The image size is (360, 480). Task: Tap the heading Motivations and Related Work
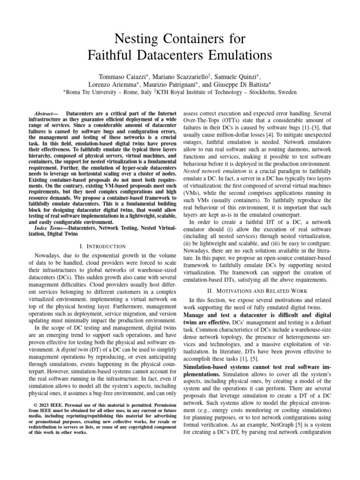pos(266,291)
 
